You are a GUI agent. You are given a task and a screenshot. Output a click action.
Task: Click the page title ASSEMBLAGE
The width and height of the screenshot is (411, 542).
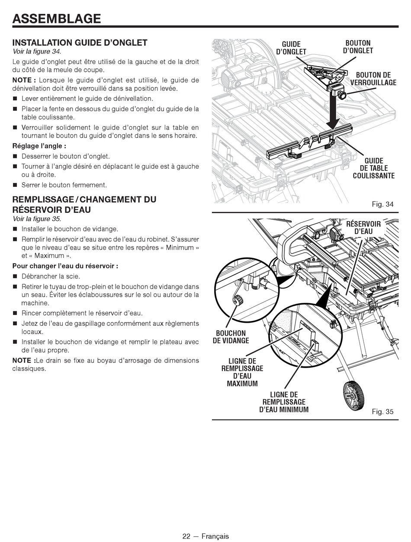point(57,19)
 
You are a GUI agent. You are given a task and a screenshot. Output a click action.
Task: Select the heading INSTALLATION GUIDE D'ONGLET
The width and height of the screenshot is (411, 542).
point(80,43)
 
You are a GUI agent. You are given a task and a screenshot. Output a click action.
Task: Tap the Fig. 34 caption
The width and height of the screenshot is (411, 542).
point(382,204)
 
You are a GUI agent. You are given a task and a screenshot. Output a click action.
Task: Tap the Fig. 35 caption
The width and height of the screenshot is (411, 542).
point(382,411)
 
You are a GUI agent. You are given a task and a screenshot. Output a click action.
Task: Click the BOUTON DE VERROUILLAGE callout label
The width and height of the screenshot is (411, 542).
point(373,79)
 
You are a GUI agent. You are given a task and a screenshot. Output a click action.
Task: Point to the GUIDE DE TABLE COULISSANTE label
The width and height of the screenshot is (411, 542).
point(374,168)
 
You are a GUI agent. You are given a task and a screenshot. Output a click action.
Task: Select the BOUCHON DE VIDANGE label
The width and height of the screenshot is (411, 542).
point(231,337)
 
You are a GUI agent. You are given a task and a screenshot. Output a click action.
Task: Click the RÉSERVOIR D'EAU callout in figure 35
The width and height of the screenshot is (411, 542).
point(363,228)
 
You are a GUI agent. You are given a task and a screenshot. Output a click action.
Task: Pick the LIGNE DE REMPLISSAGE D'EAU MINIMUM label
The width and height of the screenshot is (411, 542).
point(284,402)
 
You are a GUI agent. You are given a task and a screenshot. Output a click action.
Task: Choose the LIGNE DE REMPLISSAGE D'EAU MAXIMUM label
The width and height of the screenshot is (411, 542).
point(242,372)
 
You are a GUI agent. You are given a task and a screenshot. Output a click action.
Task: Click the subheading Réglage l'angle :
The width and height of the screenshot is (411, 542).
point(39,146)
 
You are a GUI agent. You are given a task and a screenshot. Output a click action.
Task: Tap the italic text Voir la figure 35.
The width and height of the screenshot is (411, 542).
point(37,219)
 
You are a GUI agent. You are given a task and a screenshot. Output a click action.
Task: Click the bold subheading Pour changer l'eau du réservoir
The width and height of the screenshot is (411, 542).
point(65,266)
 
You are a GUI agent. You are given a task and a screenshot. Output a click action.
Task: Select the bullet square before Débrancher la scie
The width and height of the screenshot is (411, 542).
point(15,276)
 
